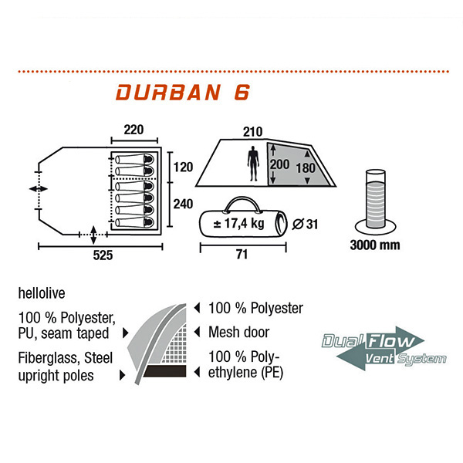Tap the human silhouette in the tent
point(254,163)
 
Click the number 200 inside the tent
point(282,164)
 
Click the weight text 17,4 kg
point(244,224)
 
